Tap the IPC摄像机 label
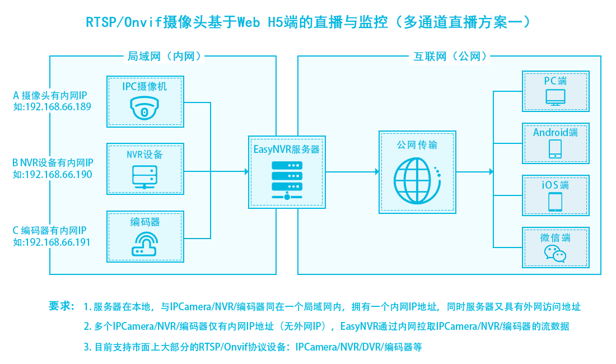(145, 87)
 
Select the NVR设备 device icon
(145, 176)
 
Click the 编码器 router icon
(145, 245)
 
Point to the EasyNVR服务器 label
(286, 150)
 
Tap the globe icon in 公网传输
(417, 176)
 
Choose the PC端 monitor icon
(556, 97)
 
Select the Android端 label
(556, 133)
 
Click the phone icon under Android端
(556, 149)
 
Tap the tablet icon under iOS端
(556, 202)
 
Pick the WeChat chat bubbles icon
(556, 254)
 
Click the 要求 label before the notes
(61, 306)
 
